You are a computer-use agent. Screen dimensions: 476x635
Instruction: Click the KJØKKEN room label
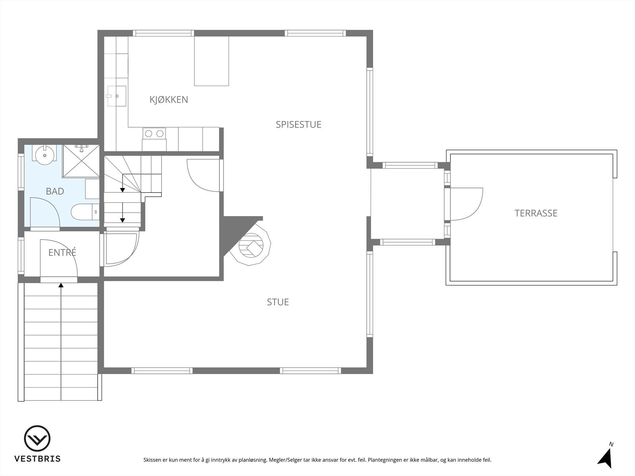coord(169,100)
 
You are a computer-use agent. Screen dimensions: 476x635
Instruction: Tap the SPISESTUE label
coord(298,125)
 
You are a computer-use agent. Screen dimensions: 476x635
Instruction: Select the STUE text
coord(278,302)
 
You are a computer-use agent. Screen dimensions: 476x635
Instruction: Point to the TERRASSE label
coord(536,213)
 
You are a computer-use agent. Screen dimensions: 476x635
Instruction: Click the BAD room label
coord(55,192)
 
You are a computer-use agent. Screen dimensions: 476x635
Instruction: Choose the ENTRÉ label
coord(62,253)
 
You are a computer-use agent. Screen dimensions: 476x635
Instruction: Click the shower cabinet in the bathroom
coord(81,161)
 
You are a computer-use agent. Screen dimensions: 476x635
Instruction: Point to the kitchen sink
coord(116,96)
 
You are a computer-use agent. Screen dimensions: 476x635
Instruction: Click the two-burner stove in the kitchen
coord(154,134)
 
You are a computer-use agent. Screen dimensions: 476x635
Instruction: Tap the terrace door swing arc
coord(468,203)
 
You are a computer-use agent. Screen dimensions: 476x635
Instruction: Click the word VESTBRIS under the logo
coord(37,459)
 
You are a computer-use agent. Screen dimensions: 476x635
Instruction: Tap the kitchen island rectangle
coord(212,61)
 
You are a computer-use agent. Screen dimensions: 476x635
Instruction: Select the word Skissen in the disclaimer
coord(152,460)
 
